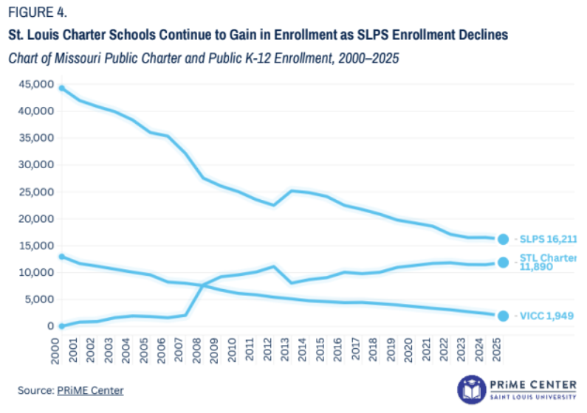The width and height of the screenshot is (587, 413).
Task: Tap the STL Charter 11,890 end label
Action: [x=548, y=262]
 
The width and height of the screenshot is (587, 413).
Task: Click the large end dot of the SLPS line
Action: [x=503, y=239]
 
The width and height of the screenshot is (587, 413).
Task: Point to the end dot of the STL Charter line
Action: [x=503, y=263]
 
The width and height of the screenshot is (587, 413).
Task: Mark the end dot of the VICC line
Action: [x=503, y=316]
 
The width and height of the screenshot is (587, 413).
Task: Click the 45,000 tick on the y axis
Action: [x=36, y=85]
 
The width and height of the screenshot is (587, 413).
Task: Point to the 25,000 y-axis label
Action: [x=36, y=192]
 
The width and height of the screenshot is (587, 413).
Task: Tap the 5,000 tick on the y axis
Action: [x=39, y=299]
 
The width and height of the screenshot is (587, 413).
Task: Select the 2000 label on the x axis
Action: [x=55, y=350]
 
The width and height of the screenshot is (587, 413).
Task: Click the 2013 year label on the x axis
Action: [x=285, y=349]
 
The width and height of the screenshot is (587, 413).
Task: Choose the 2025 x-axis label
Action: [x=496, y=350]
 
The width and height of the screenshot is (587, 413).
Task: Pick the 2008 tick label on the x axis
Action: [x=196, y=350]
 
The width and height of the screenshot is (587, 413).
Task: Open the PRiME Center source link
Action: [x=90, y=391]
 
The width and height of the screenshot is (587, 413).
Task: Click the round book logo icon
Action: [x=472, y=390]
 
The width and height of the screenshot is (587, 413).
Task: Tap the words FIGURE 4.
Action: [x=38, y=13]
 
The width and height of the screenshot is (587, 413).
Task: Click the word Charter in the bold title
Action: [x=83, y=35]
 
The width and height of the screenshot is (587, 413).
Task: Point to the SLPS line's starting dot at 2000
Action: [x=62, y=88]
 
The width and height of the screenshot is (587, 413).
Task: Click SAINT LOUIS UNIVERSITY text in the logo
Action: [x=533, y=397]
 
